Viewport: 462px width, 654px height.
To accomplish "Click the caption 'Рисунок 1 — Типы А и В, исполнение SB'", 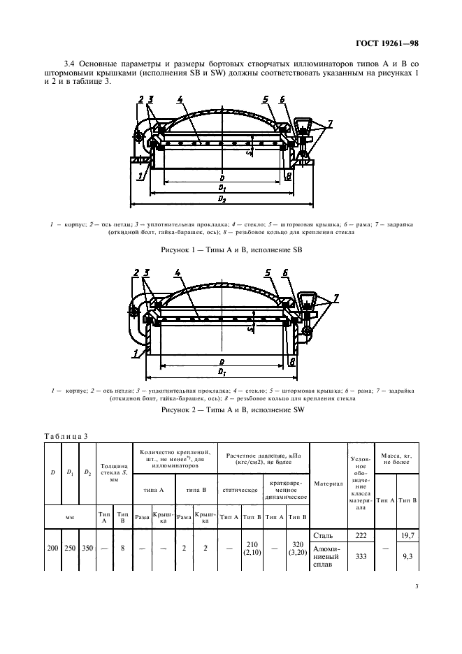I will click(231, 249).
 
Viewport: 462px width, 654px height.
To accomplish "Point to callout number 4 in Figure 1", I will click(180, 100).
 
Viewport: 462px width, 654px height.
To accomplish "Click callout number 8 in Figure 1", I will click(289, 176).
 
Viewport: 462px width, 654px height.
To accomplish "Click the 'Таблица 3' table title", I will click(67, 435).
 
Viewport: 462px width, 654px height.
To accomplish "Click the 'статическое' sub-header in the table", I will click(240, 490).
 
